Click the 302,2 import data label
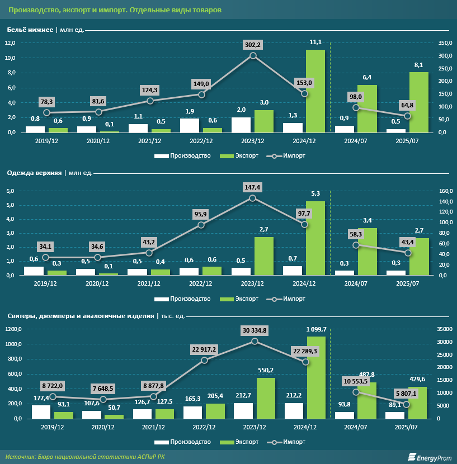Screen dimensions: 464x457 (x=253, y=44)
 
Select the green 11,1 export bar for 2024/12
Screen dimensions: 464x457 (x=315, y=91)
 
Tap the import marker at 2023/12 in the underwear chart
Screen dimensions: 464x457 (x=253, y=55)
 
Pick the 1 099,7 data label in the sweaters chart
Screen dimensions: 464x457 (x=315, y=329)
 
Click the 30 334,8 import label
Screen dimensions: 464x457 (x=255, y=330)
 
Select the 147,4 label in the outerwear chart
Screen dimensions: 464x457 (x=253, y=188)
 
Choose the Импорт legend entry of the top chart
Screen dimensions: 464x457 (x=287, y=155)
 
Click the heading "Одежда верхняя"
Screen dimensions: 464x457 (x=34, y=173)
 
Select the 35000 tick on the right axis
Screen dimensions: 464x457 (x=442, y=329)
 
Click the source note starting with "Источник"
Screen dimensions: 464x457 (x=86, y=457)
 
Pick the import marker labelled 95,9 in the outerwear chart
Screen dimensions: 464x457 (x=201, y=225)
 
